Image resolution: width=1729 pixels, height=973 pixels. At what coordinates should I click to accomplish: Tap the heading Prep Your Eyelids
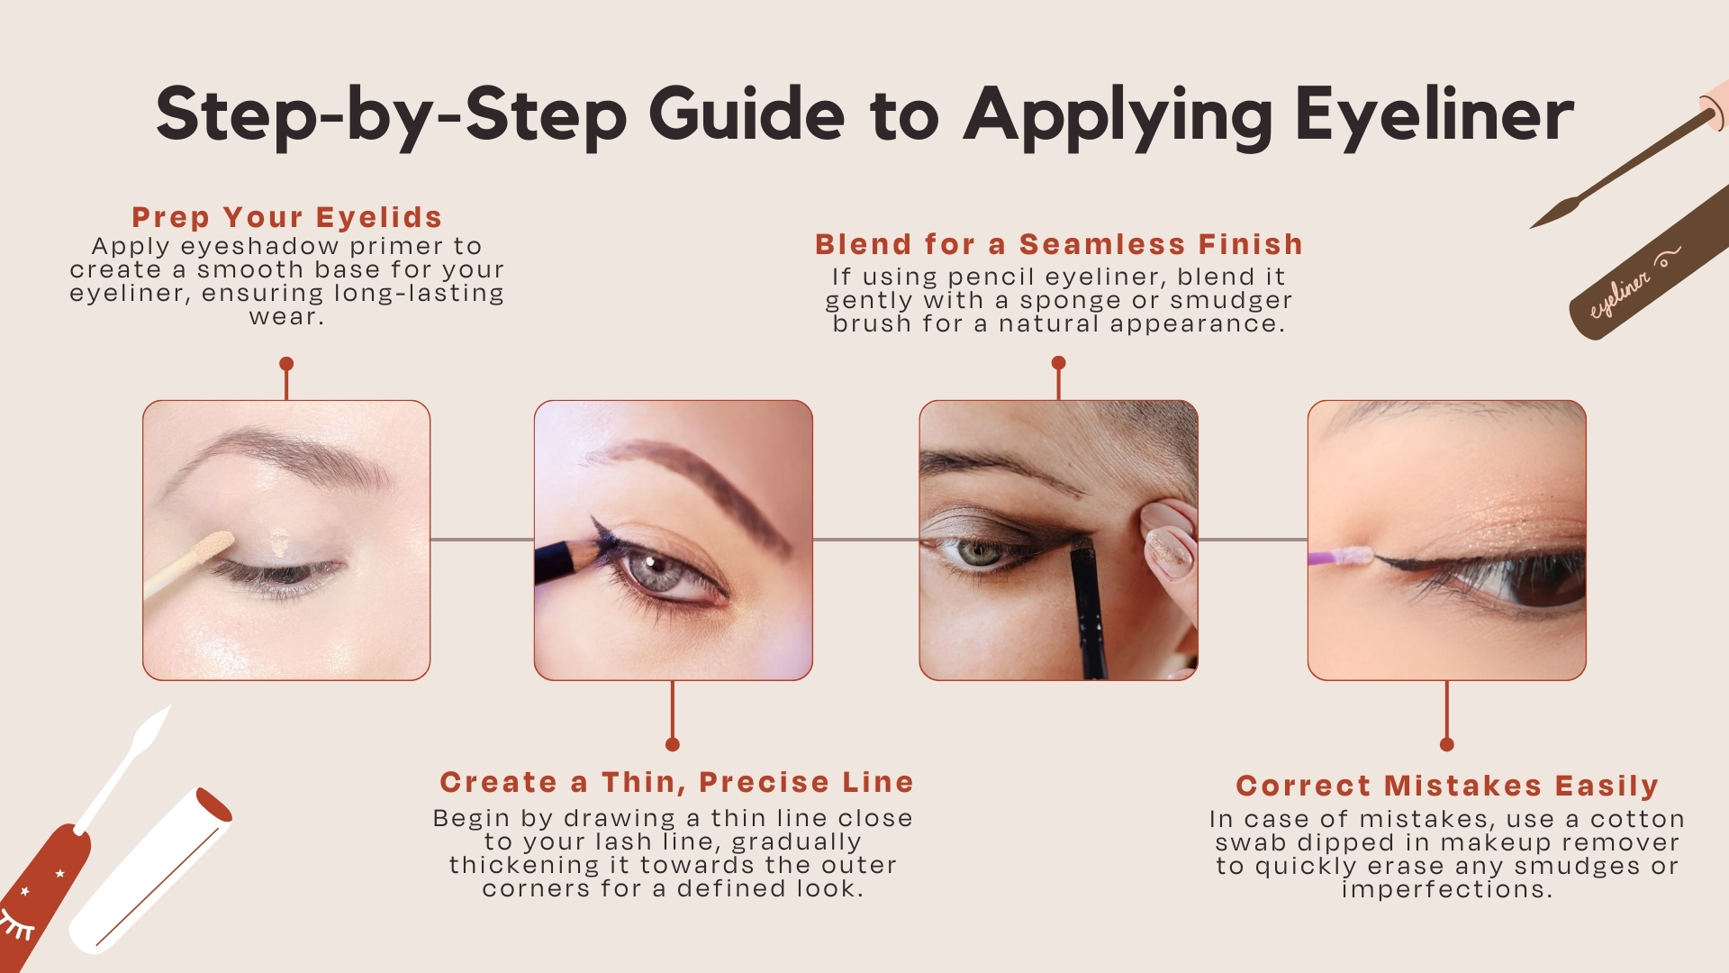coord(286,217)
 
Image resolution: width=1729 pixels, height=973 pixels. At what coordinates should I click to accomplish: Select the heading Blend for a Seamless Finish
coord(1059,244)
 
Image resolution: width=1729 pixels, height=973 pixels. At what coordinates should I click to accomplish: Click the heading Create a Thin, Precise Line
coord(676,782)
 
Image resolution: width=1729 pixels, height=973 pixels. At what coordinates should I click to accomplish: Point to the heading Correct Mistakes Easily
coord(1447,786)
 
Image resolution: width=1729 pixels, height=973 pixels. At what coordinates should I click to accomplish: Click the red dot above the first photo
coord(286,364)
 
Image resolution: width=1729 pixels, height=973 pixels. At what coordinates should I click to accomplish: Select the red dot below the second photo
coord(673,744)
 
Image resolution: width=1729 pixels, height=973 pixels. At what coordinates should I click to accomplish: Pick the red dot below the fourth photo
coord(1447,744)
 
